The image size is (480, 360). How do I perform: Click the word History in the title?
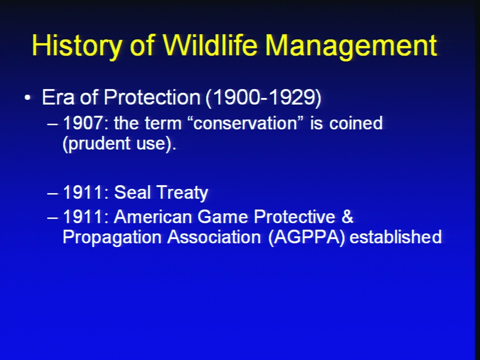(76, 45)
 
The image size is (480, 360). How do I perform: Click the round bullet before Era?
(27, 97)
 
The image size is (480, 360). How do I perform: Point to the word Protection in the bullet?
(152, 97)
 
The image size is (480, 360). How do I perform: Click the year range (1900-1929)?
(263, 98)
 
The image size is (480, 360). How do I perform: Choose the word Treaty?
(182, 193)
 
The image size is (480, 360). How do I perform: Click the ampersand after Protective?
(347, 216)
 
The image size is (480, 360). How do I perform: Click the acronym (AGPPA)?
(306, 237)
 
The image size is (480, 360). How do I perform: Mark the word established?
(395, 236)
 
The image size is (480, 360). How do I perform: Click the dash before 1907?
(52, 124)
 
